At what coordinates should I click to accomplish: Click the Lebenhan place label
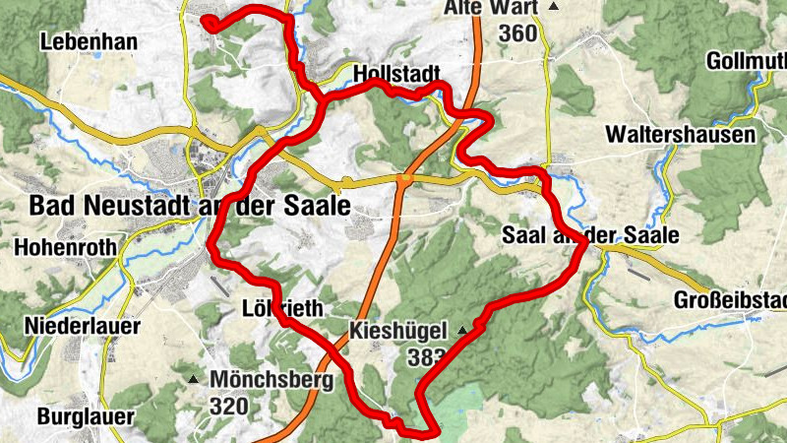click(x=88, y=42)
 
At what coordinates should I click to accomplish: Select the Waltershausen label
click(x=681, y=134)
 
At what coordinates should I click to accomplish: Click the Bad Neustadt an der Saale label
click(x=190, y=207)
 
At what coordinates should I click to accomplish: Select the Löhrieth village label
click(x=282, y=309)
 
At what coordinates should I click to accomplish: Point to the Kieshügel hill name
click(x=399, y=330)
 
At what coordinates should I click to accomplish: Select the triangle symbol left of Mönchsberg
click(x=194, y=378)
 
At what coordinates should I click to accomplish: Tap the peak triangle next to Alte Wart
click(x=553, y=8)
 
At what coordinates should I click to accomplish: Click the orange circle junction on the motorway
click(x=404, y=178)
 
